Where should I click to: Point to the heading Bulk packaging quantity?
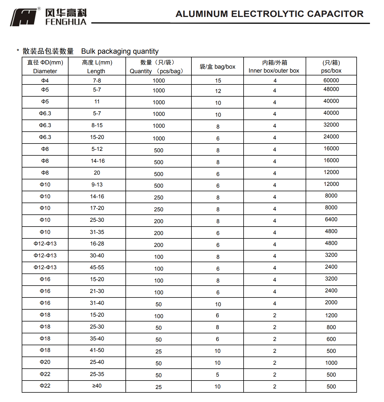pyautogui.click(x=120, y=51)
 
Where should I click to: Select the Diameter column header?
pyautogui.click(x=45, y=67)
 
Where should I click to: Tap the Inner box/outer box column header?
pyautogui.click(x=274, y=67)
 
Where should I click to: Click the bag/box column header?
pyautogui.click(x=217, y=67)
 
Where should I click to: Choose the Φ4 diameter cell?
pyautogui.click(x=45, y=81)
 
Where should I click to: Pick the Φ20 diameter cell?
pyautogui.click(x=45, y=362)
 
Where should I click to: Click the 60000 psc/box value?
pyautogui.click(x=331, y=81)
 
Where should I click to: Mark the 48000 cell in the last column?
pyautogui.click(x=331, y=89)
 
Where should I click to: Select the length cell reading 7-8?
pyautogui.click(x=97, y=81)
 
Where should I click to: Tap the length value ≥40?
pyautogui.click(x=97, y=386)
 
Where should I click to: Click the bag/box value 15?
pyautogui.click(x=218, y=81)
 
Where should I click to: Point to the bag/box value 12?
pyautogui.click(x=218, y=91)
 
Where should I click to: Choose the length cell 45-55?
pyautogui.click(x=97, y=268)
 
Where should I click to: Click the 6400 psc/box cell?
pyautogui.click(x=331, y=220)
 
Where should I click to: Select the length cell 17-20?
pyautogui.click(x=97, y=208)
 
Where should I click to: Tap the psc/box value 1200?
pyautogui.click(x=331, y=316)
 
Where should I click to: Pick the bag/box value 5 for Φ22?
pyautogui.click(x=217, y=375)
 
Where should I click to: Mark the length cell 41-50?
pyautogui.click(x=97, y=350)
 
